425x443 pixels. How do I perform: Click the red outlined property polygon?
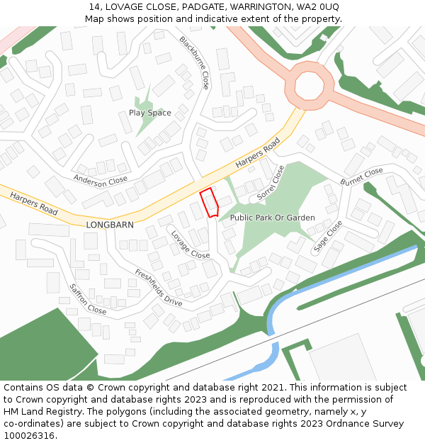[x=209, y=203]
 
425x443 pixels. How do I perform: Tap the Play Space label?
[x=149, y=113]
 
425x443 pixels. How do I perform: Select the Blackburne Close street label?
[x=194, y=62]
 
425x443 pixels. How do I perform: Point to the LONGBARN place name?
[x=110, y=225]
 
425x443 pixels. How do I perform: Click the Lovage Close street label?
[x=190, y=244]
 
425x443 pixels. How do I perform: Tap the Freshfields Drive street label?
[x=159, y=287]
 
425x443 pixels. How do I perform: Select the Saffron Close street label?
[x=88, y=299]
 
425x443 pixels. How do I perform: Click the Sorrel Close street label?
[x=271, y=182]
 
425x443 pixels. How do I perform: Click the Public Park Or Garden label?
[x=273, y=218]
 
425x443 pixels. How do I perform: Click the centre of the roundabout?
[x=309, y=86]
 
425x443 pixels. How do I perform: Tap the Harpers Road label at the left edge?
[x=34, y=203]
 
